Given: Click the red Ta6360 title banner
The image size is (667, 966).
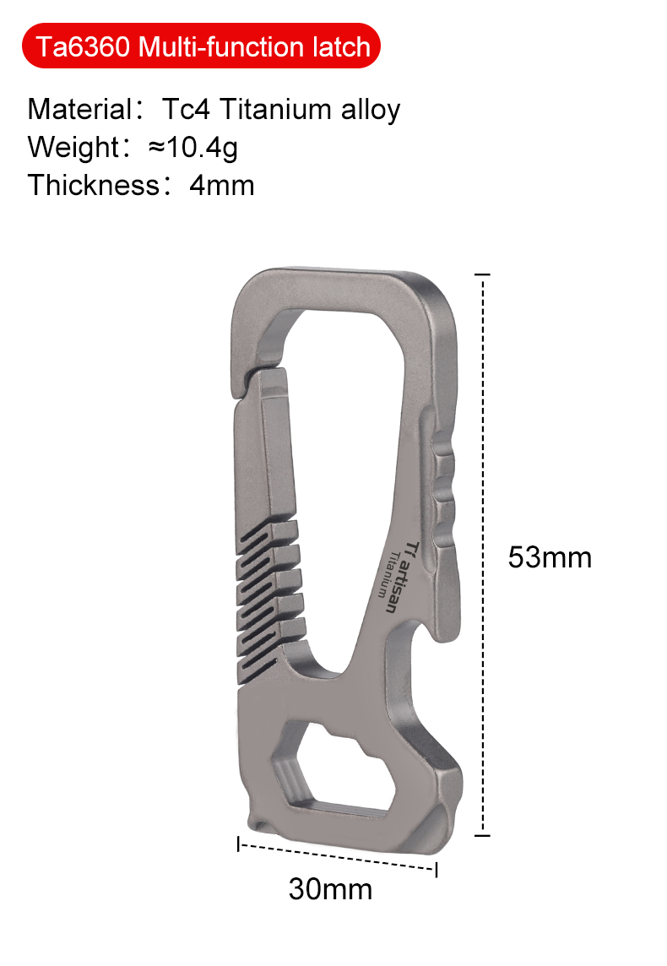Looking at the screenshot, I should (203, 46).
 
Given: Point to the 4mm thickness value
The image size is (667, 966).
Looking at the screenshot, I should (222, 184).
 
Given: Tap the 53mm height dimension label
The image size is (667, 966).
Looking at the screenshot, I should (550, 557).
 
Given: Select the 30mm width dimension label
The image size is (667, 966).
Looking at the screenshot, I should (330, 888).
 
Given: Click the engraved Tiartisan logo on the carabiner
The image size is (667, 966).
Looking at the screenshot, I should (397, 574).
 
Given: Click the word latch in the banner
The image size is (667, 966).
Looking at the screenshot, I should (343, 46).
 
